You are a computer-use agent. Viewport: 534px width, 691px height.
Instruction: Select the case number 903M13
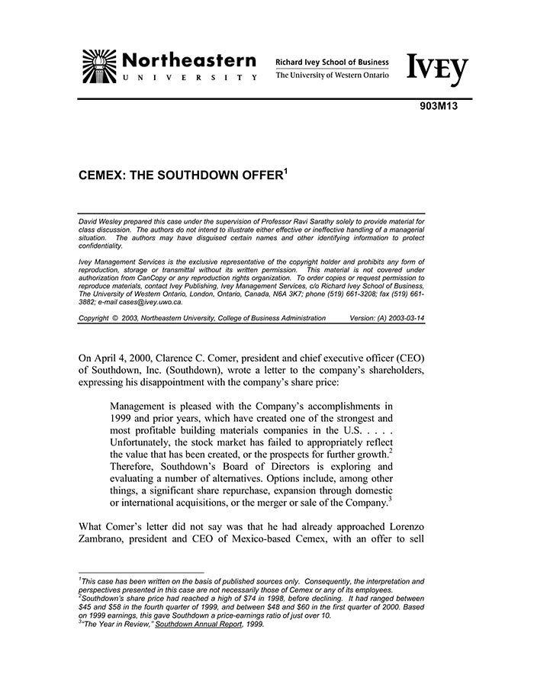pos(438,107)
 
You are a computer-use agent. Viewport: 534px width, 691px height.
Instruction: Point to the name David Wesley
pos(101,220)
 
